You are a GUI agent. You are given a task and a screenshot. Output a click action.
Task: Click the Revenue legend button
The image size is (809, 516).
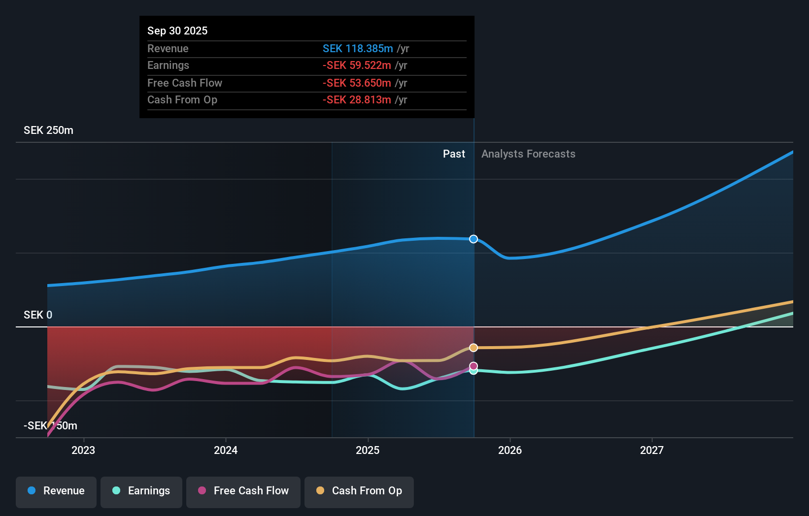[56, 491]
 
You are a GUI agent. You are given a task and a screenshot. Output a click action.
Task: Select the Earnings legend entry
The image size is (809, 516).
[141, 491]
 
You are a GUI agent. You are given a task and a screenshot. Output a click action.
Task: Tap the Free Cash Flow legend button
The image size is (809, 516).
[243, 491]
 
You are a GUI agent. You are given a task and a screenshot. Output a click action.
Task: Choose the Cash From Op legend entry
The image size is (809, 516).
[359, 491]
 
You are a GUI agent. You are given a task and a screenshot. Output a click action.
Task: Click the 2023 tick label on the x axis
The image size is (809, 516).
[83, 450]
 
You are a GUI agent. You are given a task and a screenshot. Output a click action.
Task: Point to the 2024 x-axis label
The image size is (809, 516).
[226, 450]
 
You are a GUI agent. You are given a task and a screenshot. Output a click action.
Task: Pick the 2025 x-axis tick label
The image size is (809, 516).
[368, 450]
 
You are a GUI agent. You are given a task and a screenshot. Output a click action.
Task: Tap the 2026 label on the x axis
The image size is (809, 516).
[510, 450]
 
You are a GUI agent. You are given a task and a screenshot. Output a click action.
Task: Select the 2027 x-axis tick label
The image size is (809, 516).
[652, 450]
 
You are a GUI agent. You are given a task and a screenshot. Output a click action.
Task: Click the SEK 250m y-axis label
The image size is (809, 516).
[48, 130]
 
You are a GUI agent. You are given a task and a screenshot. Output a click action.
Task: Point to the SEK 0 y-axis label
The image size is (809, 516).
[38, 315]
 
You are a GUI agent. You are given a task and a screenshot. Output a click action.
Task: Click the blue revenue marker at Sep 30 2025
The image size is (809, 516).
[473, 239]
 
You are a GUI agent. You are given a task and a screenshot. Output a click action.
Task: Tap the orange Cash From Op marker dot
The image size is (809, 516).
[473, 348]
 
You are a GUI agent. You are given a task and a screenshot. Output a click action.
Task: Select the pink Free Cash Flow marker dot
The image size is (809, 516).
[473, 366]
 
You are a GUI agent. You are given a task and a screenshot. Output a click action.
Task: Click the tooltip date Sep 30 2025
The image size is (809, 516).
[177, 31]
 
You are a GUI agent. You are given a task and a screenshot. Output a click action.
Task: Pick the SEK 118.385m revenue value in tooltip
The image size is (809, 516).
[358, 48]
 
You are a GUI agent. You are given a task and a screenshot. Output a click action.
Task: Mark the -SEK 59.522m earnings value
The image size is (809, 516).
[357, 65]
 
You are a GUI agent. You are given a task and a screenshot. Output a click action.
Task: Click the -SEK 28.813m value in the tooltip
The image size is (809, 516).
[357, 100]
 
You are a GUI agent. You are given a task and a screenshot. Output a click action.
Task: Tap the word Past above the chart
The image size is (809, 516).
[454, 154]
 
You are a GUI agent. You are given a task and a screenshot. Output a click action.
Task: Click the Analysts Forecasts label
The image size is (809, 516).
[528, 154]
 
